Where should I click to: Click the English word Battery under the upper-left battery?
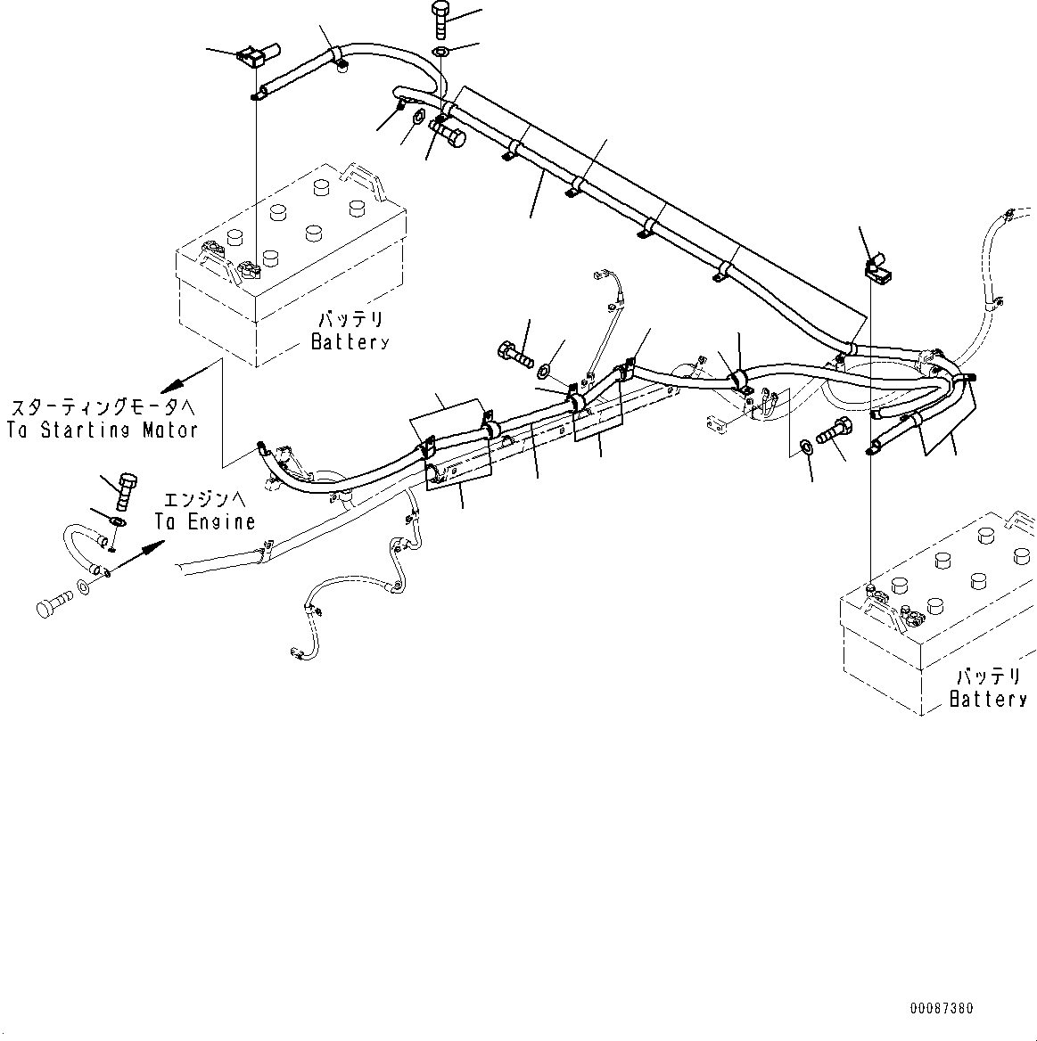[x=350, y=341]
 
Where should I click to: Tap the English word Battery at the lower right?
[x=988, y=700]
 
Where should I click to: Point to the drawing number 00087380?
[x=942, y=1009]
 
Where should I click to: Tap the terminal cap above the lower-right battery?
[x=877, y=266]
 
